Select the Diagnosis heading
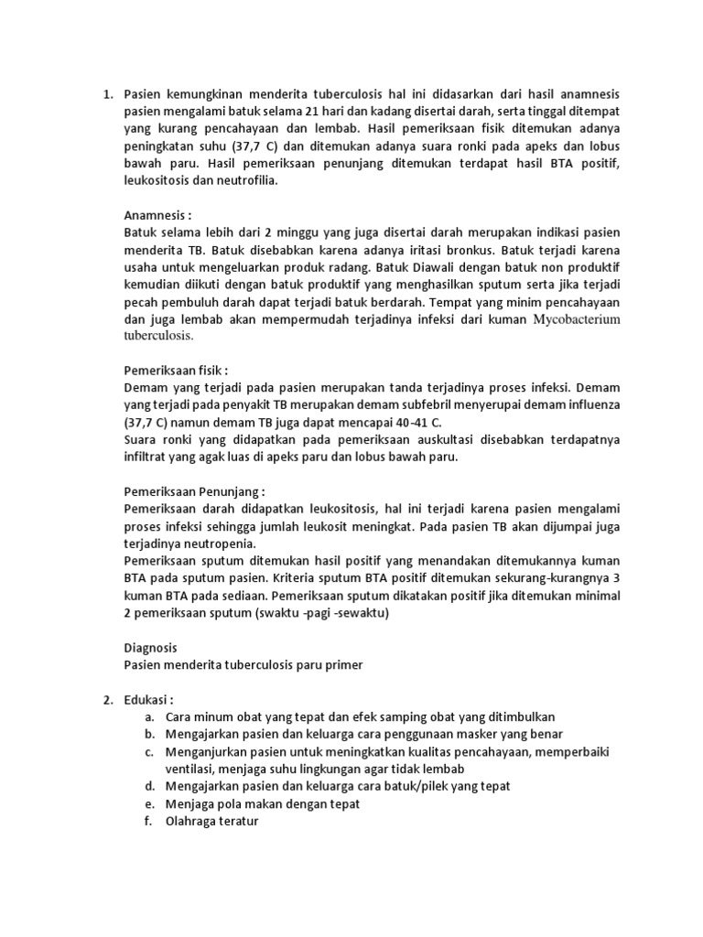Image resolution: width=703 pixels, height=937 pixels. (151, 647)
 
